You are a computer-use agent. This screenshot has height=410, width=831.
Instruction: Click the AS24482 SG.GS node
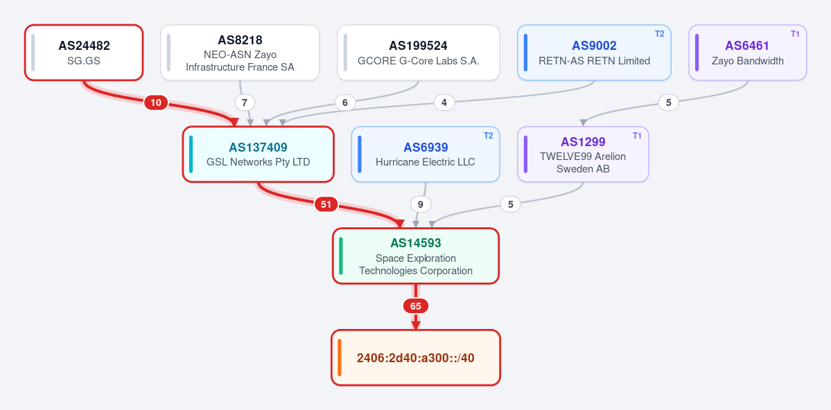point(84,53)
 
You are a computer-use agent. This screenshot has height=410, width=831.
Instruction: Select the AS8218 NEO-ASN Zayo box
point(240,53)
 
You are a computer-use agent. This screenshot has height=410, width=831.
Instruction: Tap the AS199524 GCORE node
point(418,53)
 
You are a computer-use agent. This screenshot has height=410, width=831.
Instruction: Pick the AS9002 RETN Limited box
point(594,53)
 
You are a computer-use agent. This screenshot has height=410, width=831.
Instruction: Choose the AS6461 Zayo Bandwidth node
point(747,53)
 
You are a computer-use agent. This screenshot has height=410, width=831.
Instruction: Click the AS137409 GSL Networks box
point(258,154)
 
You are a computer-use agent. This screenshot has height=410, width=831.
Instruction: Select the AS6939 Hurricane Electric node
point(426,154)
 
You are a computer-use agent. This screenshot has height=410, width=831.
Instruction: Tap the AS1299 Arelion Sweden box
point(583,154)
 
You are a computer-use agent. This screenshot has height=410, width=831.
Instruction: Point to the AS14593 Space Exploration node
point(416,256)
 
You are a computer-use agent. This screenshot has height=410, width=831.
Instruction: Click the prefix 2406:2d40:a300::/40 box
point(416,357)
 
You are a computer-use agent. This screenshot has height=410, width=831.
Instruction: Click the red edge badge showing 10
point(156,102)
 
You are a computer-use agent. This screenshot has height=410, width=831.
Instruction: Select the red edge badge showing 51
point(326,204)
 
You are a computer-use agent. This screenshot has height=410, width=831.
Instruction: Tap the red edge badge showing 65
point(416,306)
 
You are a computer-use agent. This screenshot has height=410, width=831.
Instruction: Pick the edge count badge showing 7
point(245,102)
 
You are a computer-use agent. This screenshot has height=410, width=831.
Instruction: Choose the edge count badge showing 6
point(345,102)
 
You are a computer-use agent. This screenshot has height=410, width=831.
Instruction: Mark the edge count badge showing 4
point(444,102)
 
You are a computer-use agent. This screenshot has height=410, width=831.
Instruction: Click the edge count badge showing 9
point(421,204)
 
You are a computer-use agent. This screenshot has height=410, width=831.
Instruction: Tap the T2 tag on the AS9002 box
point(659,34)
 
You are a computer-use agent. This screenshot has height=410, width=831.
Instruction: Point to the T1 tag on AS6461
point(795,34)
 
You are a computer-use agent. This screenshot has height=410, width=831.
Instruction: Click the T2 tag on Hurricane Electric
point(488,136)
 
